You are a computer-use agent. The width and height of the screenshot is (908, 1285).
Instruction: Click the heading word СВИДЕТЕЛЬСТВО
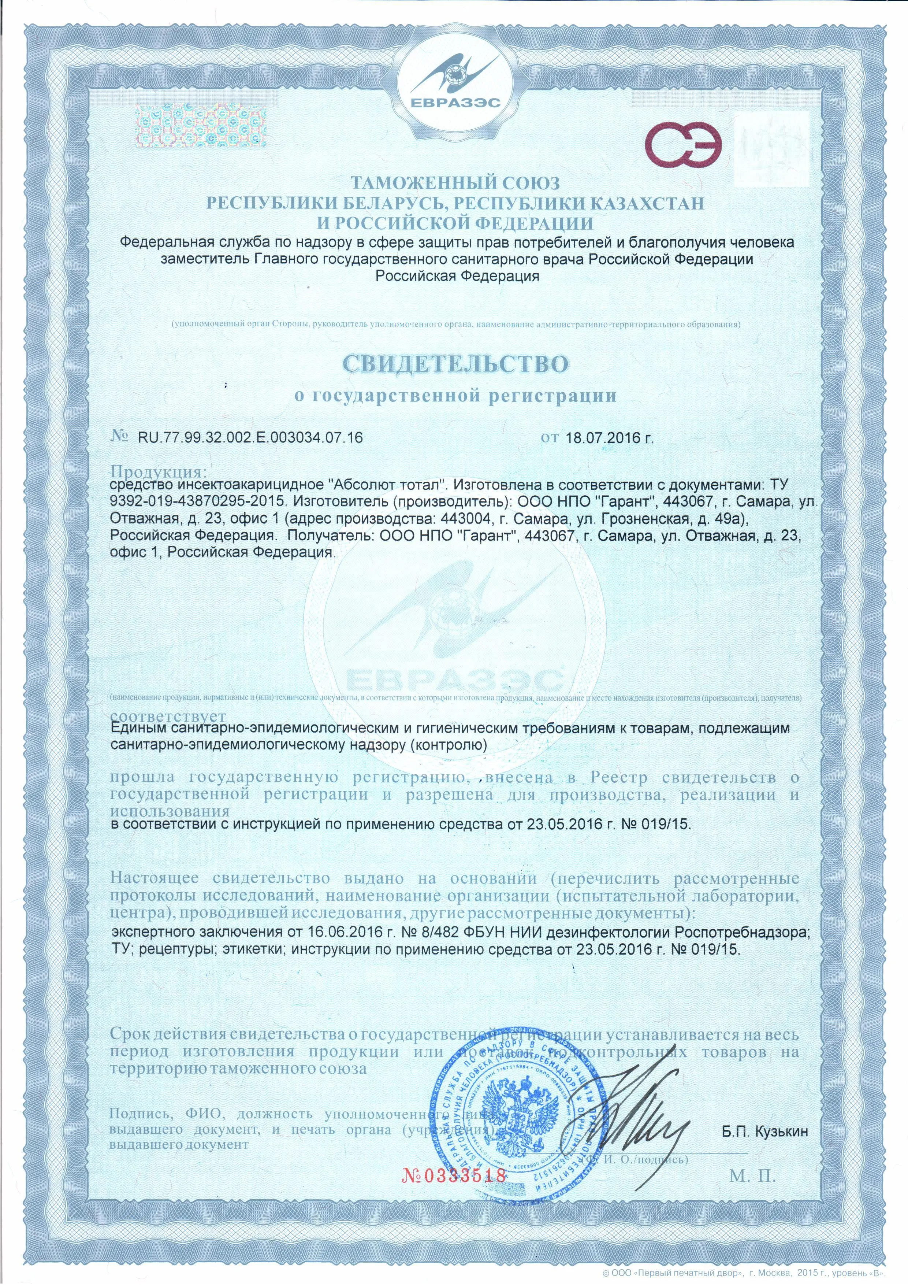[x=455, y=364]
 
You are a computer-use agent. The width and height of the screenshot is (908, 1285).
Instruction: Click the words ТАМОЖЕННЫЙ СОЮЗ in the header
[x=455, y=183]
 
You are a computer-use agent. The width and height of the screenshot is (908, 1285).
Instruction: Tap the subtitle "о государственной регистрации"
[x=455, y=396]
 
